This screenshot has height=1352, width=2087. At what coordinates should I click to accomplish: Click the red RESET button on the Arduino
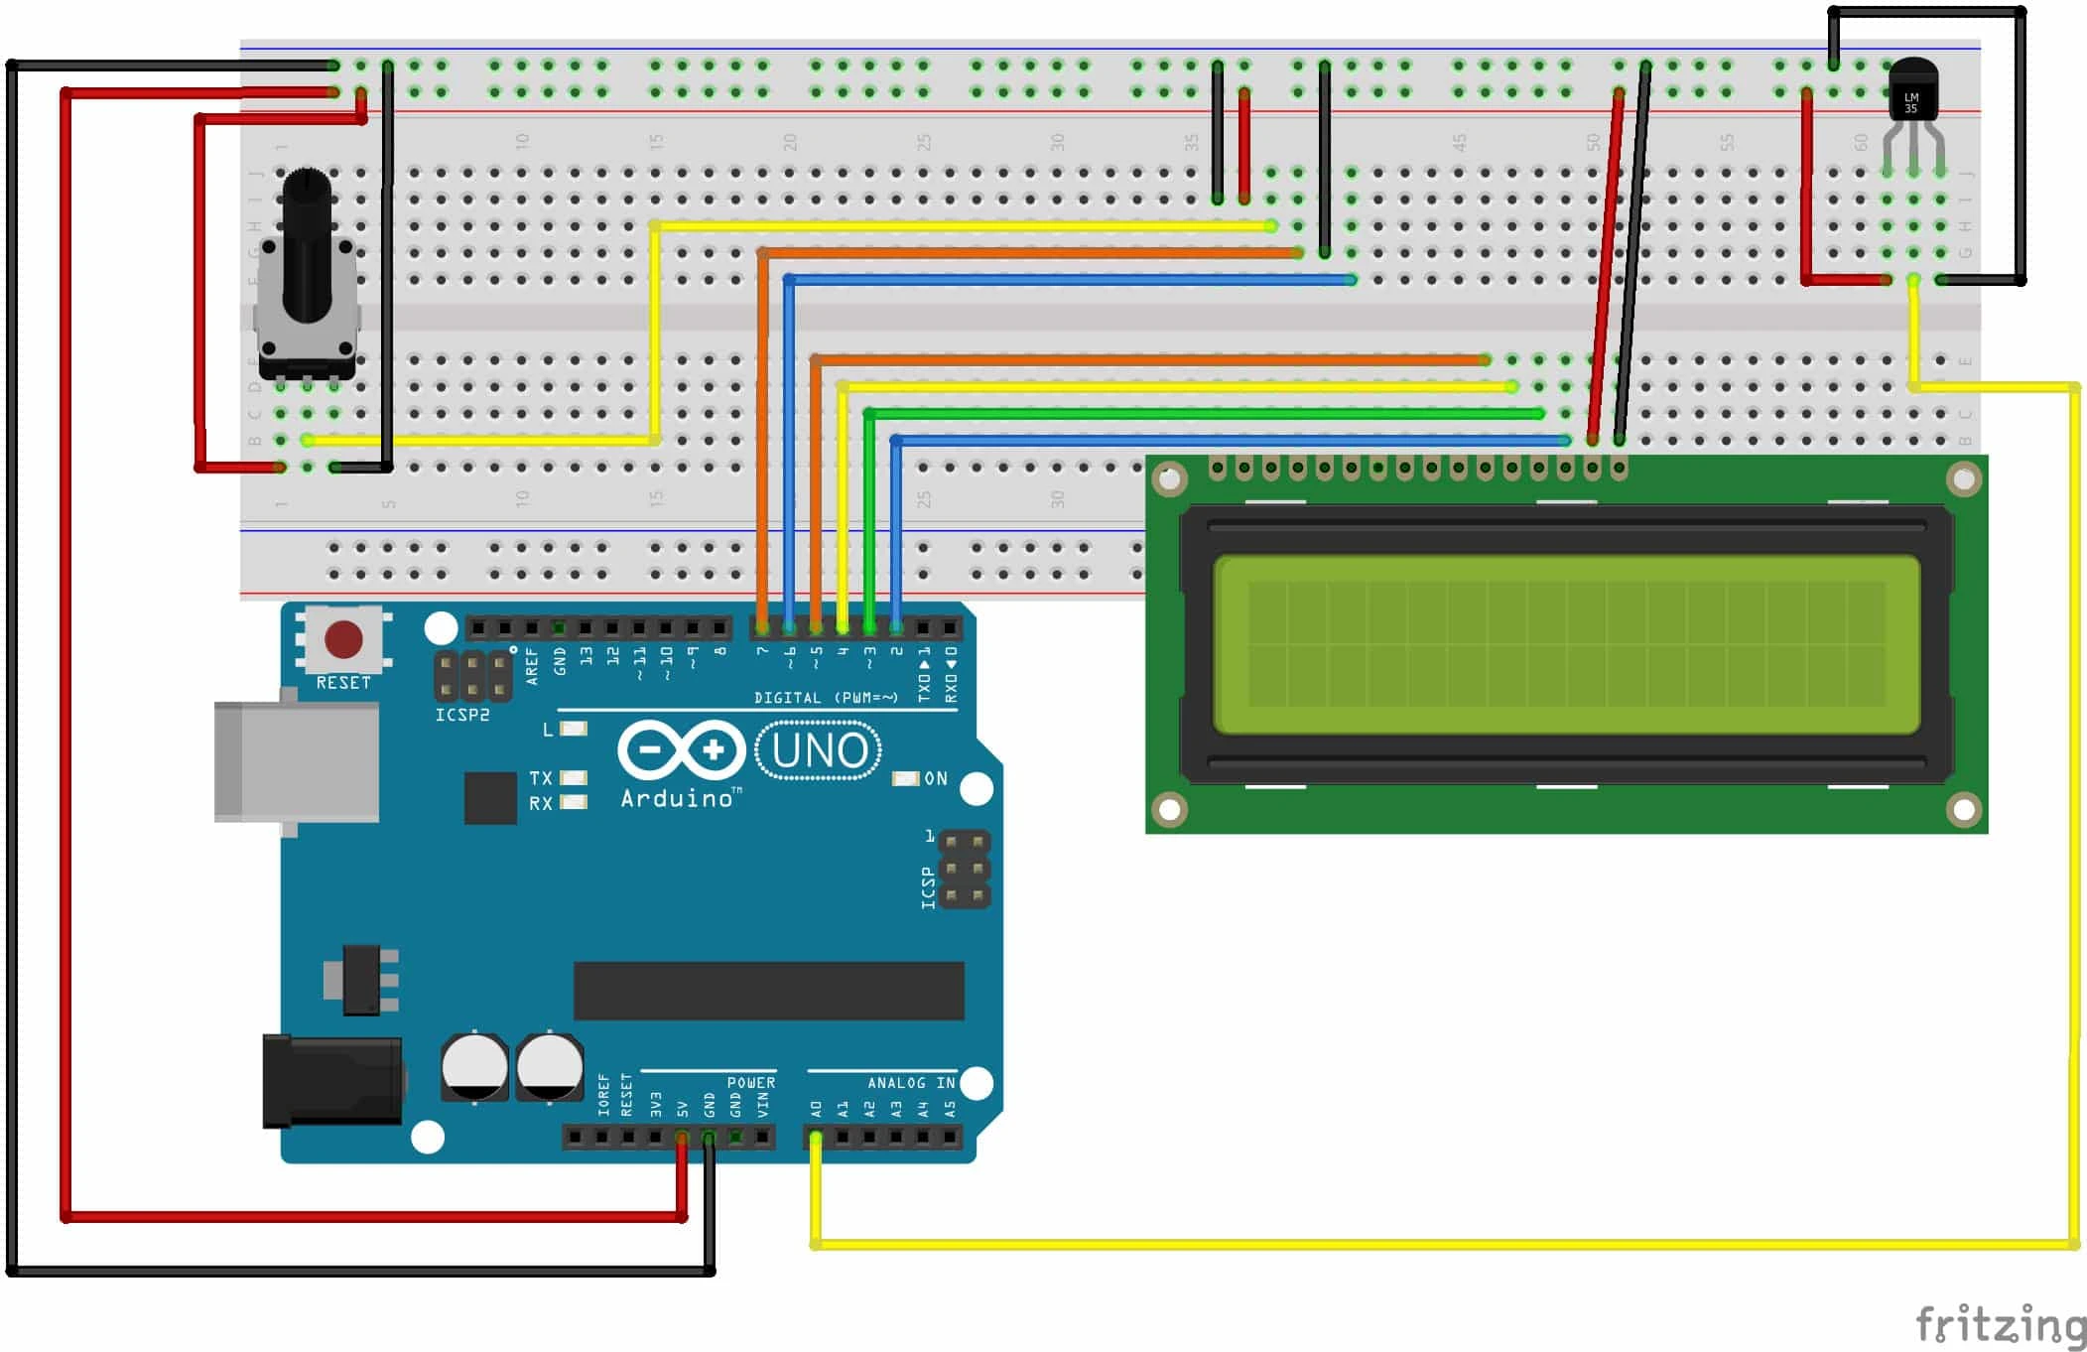tap(343, 640)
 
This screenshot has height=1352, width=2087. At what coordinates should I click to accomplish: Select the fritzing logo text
tap(2000, 1325)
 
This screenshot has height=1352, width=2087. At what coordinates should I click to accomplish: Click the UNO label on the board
tap(819, 751)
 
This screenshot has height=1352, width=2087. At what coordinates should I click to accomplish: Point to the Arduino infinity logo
tap(681, 750)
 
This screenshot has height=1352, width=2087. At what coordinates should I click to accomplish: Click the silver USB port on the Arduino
tap(297, 762)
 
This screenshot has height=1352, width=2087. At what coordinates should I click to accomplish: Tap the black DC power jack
tap(332, 1081)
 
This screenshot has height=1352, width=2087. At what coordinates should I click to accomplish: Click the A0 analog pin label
tap(816, 1108)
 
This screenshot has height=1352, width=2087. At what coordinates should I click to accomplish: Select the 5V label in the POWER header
tap(682, 1108)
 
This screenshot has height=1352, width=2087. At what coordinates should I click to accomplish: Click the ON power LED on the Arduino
tap(906, 778)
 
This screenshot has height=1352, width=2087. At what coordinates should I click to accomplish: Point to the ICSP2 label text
tap(462, 715)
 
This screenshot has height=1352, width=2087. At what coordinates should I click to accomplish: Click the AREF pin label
tap(532, 666)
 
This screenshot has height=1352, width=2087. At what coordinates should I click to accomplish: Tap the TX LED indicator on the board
tap(574, 777)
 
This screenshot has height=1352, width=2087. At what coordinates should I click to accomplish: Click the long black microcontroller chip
tap(768, 990)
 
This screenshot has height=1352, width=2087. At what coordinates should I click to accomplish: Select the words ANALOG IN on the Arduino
tap(911, 1083)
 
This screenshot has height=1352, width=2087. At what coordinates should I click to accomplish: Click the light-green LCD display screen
tap(1566, 644)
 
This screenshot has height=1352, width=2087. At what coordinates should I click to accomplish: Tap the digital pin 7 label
tap(762, 651)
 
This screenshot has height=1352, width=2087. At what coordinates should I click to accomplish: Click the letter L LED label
tap(547, 730)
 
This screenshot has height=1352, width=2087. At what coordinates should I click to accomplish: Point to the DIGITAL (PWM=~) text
tap(826, 698)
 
